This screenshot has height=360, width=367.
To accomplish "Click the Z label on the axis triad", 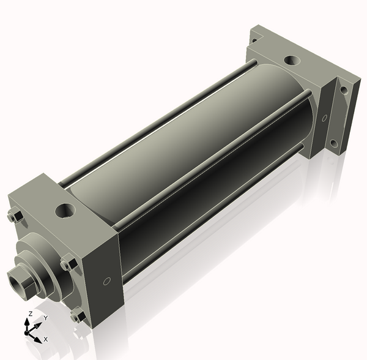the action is click(x=30, y=313).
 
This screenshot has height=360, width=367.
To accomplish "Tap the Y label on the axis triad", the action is click(x=46, y=318).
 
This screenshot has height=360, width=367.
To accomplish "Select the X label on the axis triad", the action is click(x=46, y=339).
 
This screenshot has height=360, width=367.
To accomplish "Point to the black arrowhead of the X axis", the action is click(x=38, y=340).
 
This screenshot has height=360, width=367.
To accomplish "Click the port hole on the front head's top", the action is click(x=65, y=211).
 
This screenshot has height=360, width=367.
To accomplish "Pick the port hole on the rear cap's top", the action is click(x=292, y=61).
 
